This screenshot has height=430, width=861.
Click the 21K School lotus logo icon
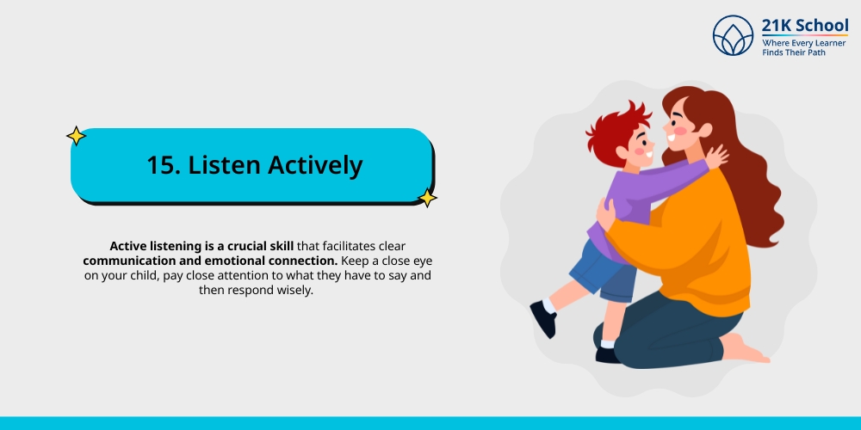tap(733, 36)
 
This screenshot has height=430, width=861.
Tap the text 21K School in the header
tap(804, 25)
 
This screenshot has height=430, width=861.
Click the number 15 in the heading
tap(161, 165)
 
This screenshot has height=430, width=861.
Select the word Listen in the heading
tap(226, 165)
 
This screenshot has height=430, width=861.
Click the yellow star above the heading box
tap(76, 136)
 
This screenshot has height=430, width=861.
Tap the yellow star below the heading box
tap(426, 198)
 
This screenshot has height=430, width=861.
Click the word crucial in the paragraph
tap(249, 245)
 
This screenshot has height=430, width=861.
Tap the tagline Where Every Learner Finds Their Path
tap(805, 47)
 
